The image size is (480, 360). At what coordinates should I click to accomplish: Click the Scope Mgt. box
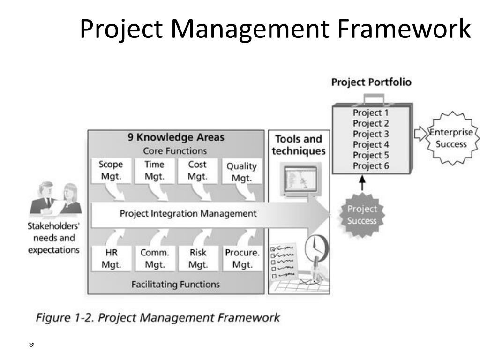coord(111,171)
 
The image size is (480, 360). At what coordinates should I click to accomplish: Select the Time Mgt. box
coord(154,171)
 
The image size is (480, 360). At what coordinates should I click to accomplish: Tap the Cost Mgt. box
coord(197,171)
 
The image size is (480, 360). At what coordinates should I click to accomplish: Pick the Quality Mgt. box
coord(241,172)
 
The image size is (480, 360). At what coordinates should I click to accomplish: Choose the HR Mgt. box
coord(111,258)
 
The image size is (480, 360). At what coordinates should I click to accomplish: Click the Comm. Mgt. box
coord(155,258)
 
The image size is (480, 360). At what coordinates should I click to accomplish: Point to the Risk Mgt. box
coord(198,258)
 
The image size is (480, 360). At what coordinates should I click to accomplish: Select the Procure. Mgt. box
coord(242,258)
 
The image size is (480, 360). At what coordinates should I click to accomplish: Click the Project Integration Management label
coord(188,214)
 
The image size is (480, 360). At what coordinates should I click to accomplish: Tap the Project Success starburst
coord(362,215)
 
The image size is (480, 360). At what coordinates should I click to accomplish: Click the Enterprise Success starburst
coord(451,138)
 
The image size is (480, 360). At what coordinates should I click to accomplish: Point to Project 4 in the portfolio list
coord(371,144)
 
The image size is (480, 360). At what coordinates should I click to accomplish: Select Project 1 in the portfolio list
coord(371,112)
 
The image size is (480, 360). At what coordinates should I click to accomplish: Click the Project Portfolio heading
coord(371,82)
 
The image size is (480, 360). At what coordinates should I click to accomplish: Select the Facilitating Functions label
coord(175,284)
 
